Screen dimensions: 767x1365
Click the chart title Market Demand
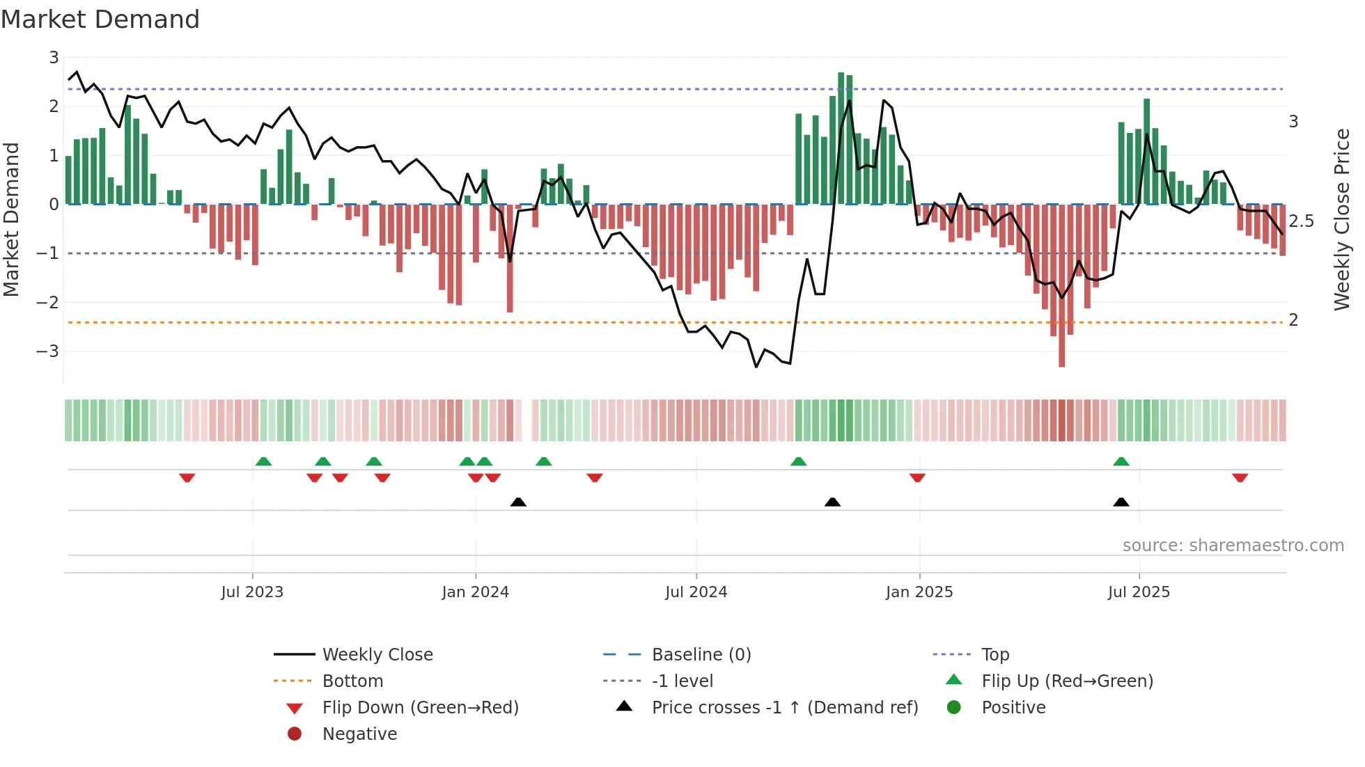point(100,19)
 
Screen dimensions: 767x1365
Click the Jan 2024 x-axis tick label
point(475,592)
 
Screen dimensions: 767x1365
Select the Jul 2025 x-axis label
point(1139,592)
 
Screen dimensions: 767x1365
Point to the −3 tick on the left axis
point(47,351)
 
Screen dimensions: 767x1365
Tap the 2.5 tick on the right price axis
point(1301,221)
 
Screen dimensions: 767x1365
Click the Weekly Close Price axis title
point(1341,219)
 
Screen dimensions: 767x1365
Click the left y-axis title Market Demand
point(11,219)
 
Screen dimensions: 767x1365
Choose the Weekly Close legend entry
point(377,655)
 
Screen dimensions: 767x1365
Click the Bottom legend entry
point(352,681)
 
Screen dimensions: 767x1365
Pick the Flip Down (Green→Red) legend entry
point(420,708)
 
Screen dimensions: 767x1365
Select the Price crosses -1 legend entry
point(784,708)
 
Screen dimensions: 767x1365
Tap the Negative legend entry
point(359,734)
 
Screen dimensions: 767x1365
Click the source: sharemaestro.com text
point(1233,546)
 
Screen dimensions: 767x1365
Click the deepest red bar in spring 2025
point(1061,285)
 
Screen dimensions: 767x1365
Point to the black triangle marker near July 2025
point(1121,503)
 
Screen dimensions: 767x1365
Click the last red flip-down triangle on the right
point(1240,477)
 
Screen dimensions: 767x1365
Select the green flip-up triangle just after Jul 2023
point(263,461)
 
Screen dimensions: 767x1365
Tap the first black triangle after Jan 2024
point(518,503)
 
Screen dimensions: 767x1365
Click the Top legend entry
point(994,655)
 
